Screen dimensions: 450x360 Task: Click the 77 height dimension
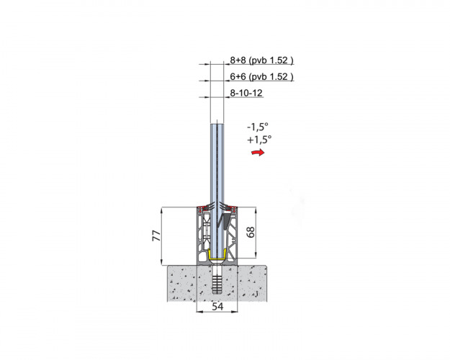click(157, 235)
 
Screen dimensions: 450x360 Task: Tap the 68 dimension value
click(251, 232)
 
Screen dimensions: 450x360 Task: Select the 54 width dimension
click(217, 307)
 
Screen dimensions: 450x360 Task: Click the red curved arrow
click(258, 152)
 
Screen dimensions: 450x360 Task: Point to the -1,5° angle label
click(258, 126)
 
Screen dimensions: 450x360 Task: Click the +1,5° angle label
click(259, 140)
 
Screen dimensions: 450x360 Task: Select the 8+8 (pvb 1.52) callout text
click(262, 60)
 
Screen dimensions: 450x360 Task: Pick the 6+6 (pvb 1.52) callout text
click(262, 76)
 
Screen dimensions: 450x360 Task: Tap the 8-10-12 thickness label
click(246, 93)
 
